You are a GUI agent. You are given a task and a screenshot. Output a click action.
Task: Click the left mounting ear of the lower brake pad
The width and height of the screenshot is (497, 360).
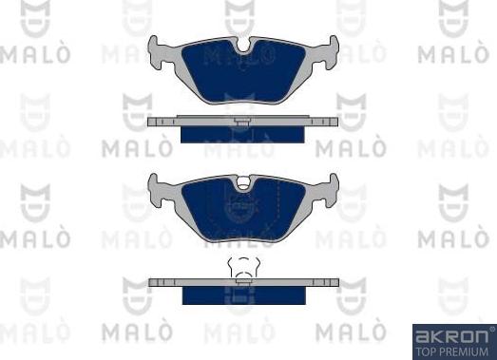pos(156,184)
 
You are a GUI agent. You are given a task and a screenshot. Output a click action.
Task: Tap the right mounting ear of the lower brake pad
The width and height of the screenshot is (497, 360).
pos(332,184)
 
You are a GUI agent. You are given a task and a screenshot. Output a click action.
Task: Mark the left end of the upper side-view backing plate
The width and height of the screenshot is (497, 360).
pos(153,122)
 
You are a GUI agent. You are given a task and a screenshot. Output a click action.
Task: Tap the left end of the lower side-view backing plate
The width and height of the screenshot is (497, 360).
pos(153,282)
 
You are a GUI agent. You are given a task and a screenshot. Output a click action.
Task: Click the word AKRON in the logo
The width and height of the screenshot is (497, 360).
pos(448,335)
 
